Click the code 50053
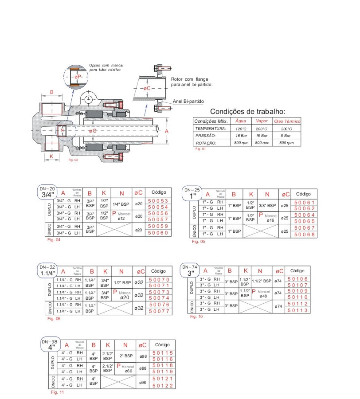(x=158, y=201)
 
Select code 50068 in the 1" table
(x=304, y=235)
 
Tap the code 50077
(x=159, y=311)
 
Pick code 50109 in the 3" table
(x=297, y=291)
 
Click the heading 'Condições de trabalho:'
(x=247, y=111)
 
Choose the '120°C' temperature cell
(x=241, y=128)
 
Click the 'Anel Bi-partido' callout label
(x=188, y=101)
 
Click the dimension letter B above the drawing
(x=51, y=92)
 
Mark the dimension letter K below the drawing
(x=51, y=156)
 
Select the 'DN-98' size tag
(x=50, y=342)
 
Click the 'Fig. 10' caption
(x=196, y=317)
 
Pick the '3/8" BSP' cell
(x=267, y=206)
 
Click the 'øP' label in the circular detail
(x=78, y=77)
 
